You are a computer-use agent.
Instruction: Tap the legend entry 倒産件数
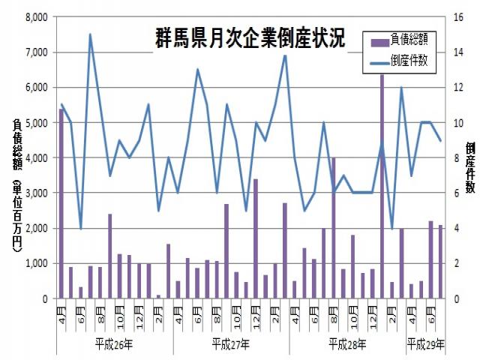pos(408,61)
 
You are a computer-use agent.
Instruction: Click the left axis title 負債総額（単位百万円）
pos(16,184)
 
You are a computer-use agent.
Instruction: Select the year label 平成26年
pos(114,345)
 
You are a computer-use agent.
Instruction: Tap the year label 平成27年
pos(231,345)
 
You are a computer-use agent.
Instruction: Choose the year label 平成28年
pos(347,345)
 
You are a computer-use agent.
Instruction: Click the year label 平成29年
pos(425,345)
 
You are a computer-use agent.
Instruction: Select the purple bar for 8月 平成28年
pos(333,228)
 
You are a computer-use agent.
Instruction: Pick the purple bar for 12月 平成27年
pos(255,238)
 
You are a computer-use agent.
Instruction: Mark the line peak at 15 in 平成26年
pos(91,34)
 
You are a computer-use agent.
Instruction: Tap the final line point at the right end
pos(440,140)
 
